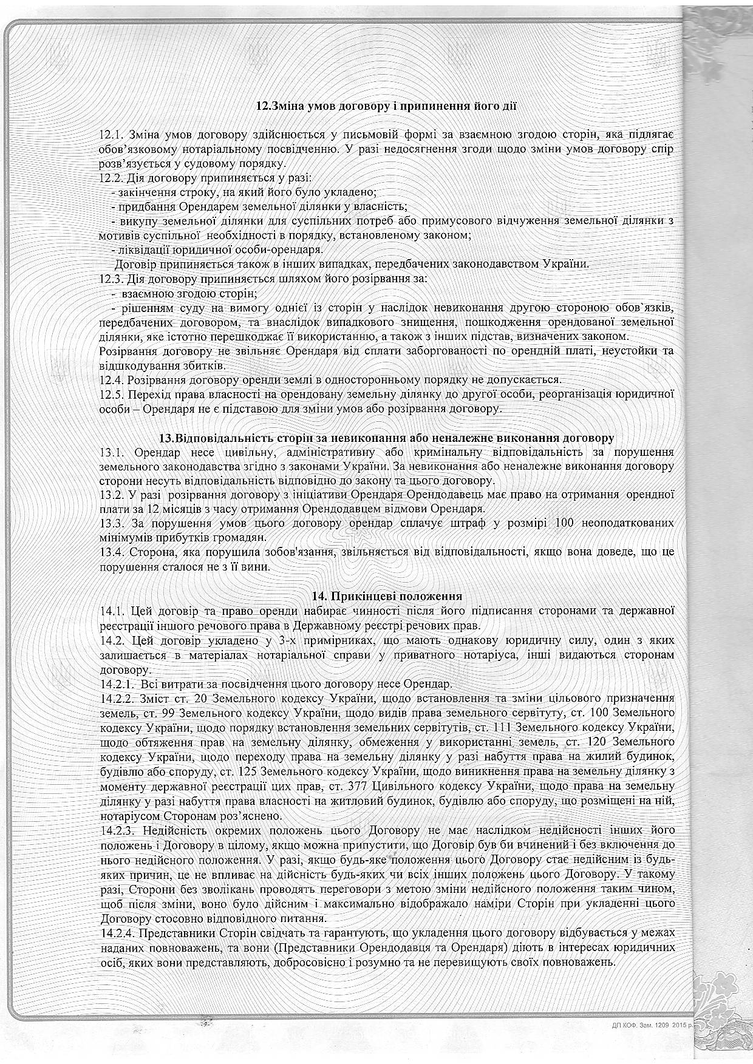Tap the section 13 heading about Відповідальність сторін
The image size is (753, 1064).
coord(386,437)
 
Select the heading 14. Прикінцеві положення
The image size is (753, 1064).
coord(386,595)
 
